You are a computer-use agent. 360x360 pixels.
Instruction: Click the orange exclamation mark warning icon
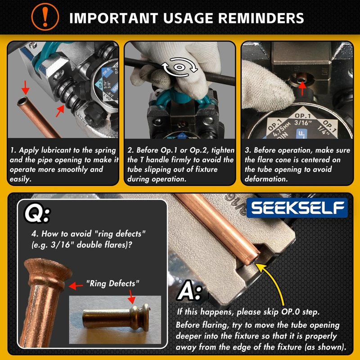45,17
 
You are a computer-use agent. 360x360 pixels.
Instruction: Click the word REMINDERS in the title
261,18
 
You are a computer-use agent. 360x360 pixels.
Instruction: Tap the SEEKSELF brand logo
297,208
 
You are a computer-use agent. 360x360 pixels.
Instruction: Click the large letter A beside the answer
186,292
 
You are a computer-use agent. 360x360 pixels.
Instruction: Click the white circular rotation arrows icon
179,67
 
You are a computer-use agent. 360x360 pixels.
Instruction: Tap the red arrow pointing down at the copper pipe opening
26,87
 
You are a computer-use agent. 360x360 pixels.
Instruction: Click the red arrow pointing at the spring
60,111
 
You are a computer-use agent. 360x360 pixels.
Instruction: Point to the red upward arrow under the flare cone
302,88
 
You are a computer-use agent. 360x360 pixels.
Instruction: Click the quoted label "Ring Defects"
112,283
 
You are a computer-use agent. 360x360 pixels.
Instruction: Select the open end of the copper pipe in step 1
22,101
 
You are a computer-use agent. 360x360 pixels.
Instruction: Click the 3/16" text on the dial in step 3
302,123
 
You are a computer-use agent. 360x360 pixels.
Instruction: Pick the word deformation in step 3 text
266,179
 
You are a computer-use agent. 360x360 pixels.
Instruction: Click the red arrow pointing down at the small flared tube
131,297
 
